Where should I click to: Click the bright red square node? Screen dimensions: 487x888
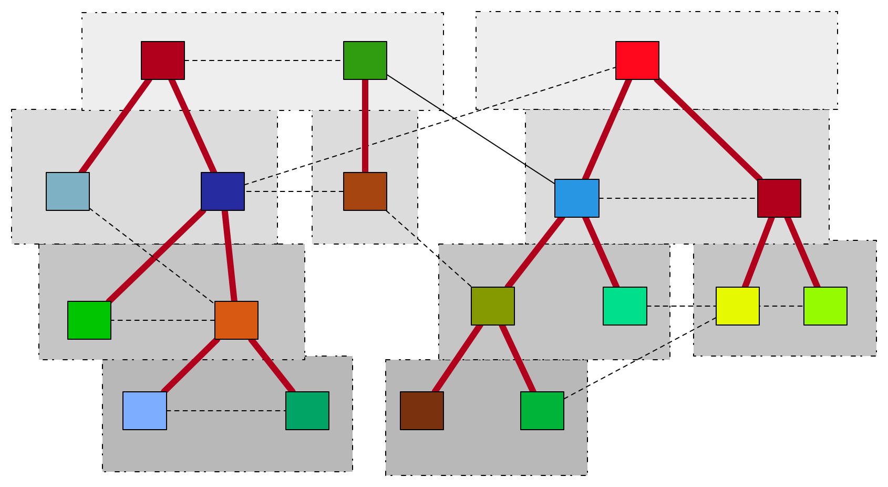coord(637,60)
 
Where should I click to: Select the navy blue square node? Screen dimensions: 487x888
coord(223,191)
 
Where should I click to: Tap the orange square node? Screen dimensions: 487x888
coord(236,320)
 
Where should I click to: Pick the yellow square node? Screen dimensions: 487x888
coord(737,306)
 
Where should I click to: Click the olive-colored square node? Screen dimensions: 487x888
coord(492,306)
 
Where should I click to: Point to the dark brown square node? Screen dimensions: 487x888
coord(422,411)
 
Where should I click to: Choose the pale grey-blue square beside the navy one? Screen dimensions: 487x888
coord(68,191)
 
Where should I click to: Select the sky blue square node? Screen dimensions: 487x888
coord(576,198)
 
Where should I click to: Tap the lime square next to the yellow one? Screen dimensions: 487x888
coord(825,306)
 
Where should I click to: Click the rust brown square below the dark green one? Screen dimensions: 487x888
coord(365,191)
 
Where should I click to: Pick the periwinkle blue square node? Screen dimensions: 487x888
coord(144,411)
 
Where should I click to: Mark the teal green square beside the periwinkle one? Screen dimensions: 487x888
coord(307,411)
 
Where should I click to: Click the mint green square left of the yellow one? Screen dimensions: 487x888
coord(625,306)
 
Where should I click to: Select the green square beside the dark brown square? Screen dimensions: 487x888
coord(542,411)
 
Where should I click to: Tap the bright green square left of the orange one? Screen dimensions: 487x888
coord(89,320)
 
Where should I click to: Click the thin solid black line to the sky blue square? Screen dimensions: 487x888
coord(470,129)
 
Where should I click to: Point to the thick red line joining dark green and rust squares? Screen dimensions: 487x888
coord(365,126)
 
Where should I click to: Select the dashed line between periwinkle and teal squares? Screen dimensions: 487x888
coord(226,411)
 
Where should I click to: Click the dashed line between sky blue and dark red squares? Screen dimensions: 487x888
coord(678,198)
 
